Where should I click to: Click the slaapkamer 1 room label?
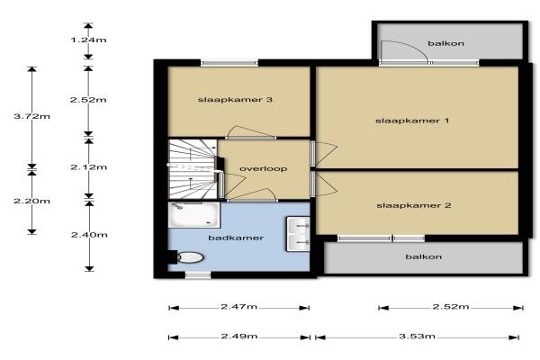point(412,121)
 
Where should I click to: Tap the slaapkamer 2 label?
point(414,205)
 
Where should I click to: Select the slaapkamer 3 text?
point(235,100)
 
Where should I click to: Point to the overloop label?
point(263,168)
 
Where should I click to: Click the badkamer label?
point(236,238)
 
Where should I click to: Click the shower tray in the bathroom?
point(193,214)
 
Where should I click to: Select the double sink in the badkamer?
point(298,234)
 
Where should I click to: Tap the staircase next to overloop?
point(193,169)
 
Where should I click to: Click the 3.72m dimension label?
point(32,116)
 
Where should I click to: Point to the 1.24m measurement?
point(88,40)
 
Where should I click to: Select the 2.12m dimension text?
point(88,167)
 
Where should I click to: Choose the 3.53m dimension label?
point(417,336)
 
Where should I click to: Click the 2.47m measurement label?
point(238,307)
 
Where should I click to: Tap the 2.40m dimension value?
point(89,235)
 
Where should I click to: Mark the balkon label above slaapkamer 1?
point(446,43)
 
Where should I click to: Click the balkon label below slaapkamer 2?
point(424,256)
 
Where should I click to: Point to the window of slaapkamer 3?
point(229,63)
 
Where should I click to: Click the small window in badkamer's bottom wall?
point(198,274)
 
